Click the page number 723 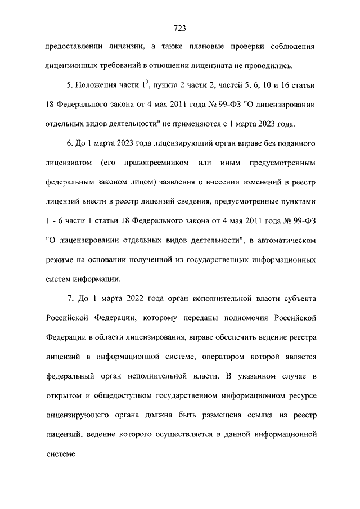tap(180, 27)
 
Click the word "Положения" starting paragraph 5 tap(94, 85)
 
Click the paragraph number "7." tap(70, 298)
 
